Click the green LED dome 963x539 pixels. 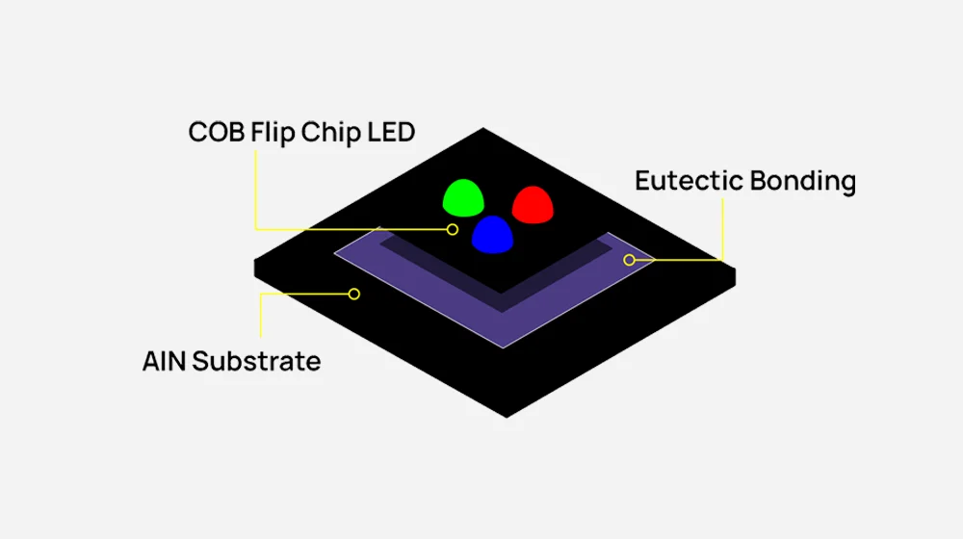point(463,198)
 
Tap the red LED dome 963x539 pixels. point(530,204)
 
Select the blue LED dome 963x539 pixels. point(493,233)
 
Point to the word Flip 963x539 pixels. point(273,132)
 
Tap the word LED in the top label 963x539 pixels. point(391,132)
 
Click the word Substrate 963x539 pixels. point(256,362)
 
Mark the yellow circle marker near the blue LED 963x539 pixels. point(452,229)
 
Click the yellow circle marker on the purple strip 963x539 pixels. point(629,260)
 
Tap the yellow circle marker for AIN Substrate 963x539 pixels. point(354,294)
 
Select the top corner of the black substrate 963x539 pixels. point(481,129)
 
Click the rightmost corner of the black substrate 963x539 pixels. point(736,272)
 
